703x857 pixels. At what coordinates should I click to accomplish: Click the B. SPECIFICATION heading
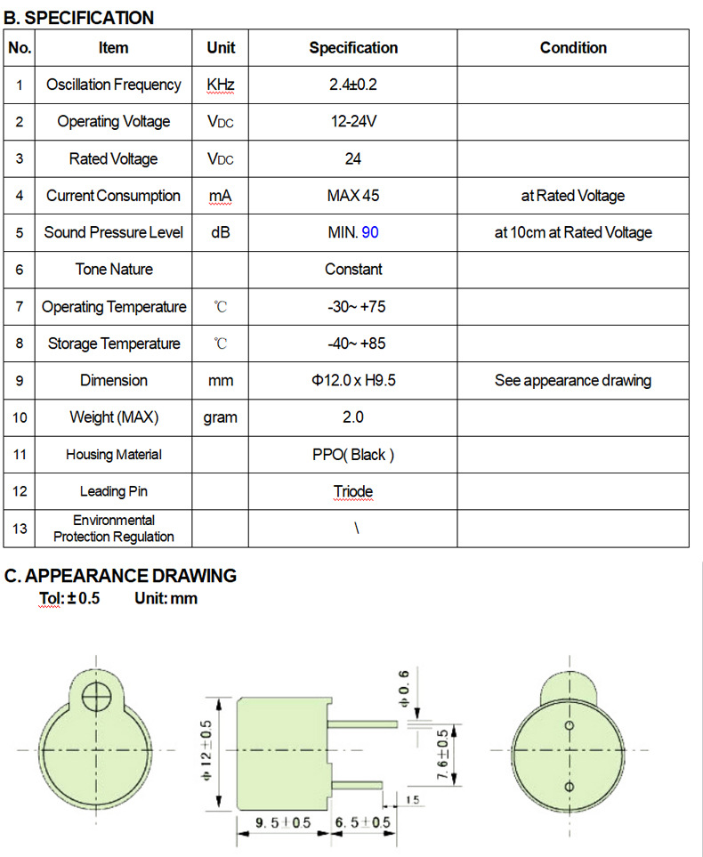79,18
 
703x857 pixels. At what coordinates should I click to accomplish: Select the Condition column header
573,48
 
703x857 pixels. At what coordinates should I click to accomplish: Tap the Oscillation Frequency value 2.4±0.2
353,85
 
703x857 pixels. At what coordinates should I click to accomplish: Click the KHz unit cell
220,85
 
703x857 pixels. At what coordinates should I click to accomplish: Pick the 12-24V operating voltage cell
353,122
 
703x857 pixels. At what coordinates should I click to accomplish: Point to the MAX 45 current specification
353,196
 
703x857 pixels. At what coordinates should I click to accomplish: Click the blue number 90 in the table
370,232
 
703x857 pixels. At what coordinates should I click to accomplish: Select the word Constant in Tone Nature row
353,270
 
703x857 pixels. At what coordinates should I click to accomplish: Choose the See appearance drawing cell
573,381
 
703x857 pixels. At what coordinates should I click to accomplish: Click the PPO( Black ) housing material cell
353,455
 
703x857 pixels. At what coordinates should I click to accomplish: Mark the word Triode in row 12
353,492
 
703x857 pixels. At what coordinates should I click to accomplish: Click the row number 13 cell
19,529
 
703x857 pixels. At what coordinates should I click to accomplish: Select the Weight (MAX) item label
113,417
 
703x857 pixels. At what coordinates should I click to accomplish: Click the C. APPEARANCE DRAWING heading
120,576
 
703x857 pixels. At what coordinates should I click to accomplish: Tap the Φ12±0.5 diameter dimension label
206,750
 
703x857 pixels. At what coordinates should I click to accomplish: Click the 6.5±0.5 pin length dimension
361,823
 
